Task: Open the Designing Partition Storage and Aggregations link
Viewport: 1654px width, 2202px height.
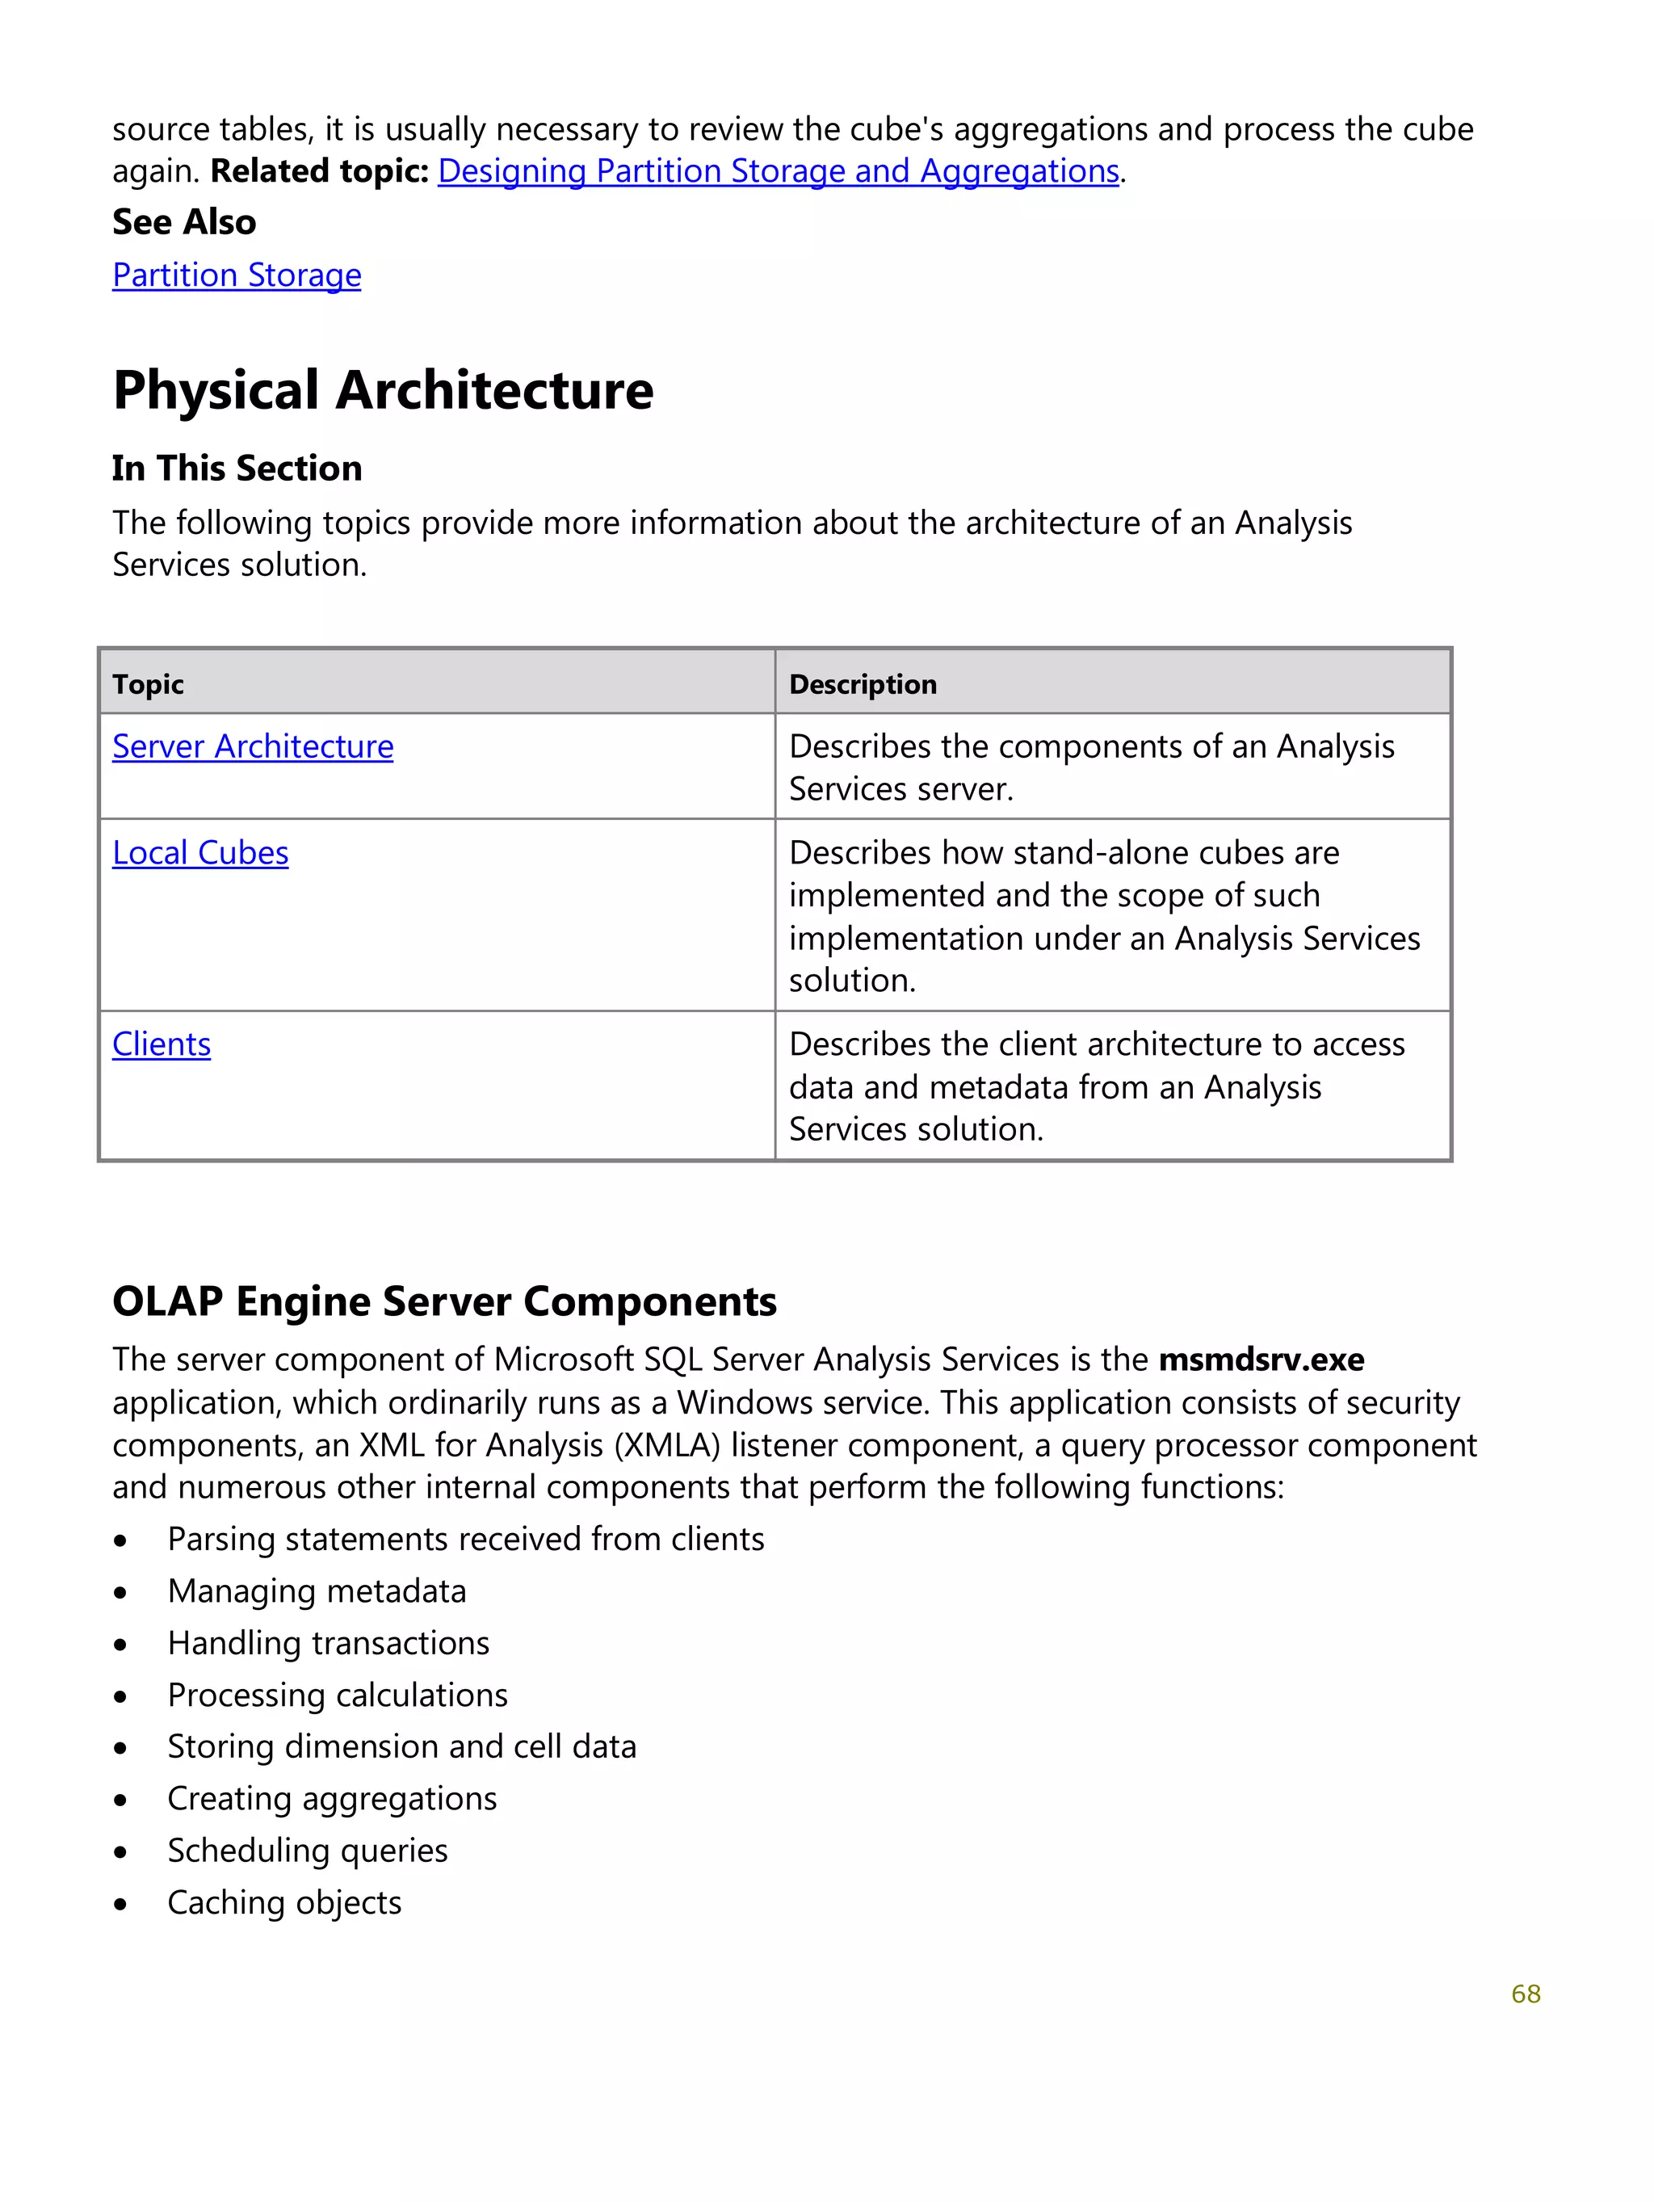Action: click(x=779, y=171)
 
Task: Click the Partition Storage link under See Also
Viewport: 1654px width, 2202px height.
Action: click(x=237, y=275)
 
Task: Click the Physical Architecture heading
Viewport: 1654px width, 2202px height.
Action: click(x=383, y=390)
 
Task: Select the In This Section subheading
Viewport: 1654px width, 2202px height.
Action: click(x=237, y=468)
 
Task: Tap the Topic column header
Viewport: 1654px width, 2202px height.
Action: click(x=149, y=684)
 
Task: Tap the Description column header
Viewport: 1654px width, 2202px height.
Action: click(x=863, y=684)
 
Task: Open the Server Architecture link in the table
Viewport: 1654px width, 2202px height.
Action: click(x=253, y=746)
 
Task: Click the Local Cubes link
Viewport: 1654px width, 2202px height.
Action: click(x=200, y=853)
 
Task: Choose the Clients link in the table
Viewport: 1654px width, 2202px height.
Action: click(x=162, y=1044)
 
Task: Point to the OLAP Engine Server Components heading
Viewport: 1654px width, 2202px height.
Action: click(x=444, y=1302)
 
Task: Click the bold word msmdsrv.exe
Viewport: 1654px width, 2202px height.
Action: click(x=1261, y=1359)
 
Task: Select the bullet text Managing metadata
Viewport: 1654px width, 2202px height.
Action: click(x=317, y=1591)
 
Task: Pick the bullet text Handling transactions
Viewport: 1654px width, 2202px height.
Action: click(x=329, y=1642)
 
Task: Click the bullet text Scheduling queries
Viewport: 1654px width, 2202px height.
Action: click(x=308, y=1850)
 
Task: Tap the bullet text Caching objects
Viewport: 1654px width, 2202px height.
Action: click(x=284, y=1902)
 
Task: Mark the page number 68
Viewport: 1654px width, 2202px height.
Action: click(x=1525, y=1994)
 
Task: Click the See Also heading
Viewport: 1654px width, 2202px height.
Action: click(x=184, y=222)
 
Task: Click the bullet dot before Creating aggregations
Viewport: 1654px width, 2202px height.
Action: click(x=120, y=1801)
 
